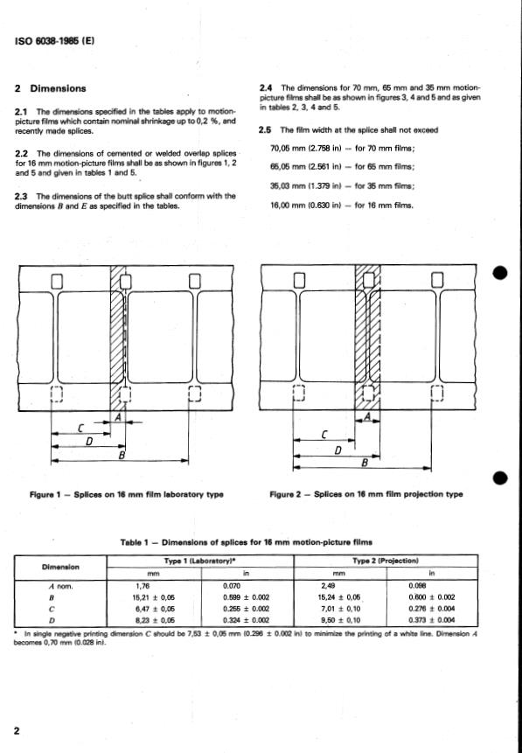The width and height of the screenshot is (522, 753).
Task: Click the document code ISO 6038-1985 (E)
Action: pos(55,41)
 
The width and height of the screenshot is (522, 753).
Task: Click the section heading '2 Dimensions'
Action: pos(51,88)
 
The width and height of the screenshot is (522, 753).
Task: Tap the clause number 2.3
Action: pos(22,197)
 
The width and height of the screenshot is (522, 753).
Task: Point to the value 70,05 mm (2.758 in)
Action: pos(306,149)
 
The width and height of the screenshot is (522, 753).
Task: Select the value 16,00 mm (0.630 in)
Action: pos(306,206)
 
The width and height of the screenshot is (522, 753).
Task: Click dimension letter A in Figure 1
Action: pos(116,418)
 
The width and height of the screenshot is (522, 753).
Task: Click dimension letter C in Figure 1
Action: pos(81,428)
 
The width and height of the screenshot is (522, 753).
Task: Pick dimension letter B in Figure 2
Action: pos(365,463)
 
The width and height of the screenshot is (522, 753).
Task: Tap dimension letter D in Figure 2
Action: pos(338,450)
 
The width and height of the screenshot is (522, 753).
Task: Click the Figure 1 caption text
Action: pos(127,494)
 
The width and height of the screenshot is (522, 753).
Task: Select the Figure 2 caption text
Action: pos(366,494)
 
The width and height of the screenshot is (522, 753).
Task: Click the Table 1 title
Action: pos(247,542)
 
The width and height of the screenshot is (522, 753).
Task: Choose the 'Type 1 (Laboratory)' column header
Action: pos(199,561)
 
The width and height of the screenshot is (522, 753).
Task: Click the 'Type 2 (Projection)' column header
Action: pos(386,561)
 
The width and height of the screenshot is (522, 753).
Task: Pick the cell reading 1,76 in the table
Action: pos(143,586)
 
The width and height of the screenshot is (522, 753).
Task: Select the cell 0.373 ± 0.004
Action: pos(432,620)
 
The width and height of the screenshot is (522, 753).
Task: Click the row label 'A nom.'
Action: pos(61,586)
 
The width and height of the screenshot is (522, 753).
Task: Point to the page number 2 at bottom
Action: pos(17,731)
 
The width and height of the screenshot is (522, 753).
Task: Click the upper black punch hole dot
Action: pos(500,273)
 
